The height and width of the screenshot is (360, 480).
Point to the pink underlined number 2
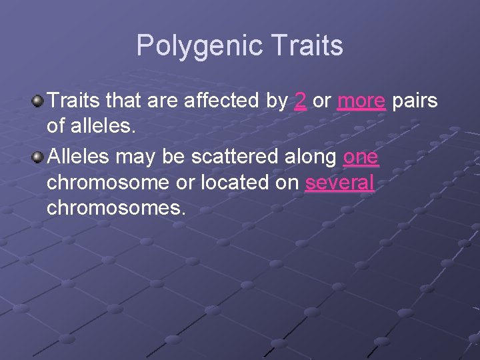(x=301, y=101)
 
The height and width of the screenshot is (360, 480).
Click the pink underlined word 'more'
(x=361, y=101)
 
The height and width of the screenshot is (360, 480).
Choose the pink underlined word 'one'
(x=361, y=158)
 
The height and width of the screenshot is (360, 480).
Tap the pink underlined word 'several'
(x=339, y=183)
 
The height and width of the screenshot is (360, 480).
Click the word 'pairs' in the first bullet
(x=415, y=101)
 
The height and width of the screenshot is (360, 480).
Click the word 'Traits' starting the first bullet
(x=75, y=101)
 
